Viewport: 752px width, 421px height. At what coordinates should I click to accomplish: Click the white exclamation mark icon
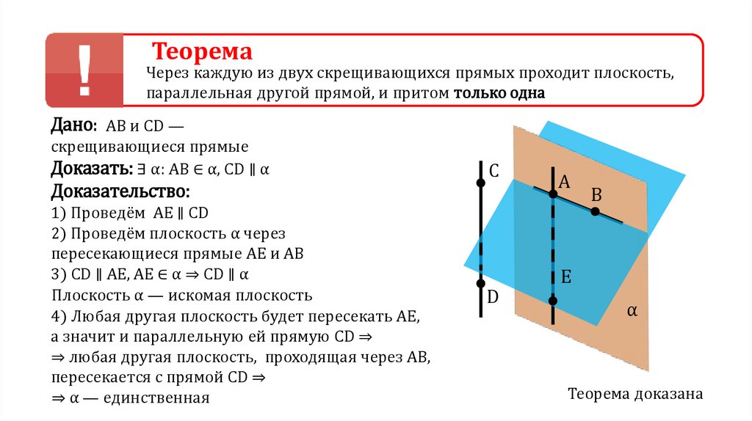click(85, 70)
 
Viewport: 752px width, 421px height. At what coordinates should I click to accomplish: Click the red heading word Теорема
click(202, 51)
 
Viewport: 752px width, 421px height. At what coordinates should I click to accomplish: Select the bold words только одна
click(499, 94)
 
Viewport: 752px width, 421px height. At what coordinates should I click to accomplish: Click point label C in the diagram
click(493, 172)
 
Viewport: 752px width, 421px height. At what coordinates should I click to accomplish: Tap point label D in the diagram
click(493, 297)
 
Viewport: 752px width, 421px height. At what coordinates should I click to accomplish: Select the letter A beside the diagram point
click(565, 183)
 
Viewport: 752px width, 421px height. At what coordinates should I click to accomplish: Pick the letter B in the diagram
click(596, 194)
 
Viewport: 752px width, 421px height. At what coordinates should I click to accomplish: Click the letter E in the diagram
click(566, 277)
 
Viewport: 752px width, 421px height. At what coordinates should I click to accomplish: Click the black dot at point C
click(480, 183)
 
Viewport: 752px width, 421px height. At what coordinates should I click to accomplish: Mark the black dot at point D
click(480, 283)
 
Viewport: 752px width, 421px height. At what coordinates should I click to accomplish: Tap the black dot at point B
click(595, 212)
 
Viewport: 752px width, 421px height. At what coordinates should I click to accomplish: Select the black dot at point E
click(552, 301)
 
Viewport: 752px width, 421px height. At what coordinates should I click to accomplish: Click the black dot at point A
click(552, 194)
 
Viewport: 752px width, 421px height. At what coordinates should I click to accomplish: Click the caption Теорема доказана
click(635, 394)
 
